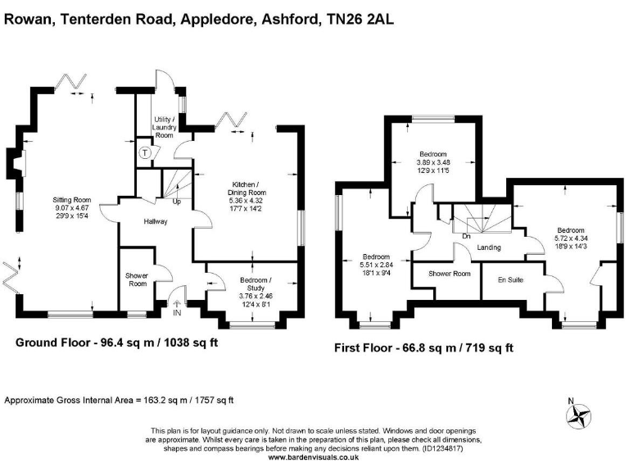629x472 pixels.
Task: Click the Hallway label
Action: (156, 221)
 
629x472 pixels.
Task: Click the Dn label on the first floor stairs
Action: (465, 236)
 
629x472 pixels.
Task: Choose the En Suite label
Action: (510, 280)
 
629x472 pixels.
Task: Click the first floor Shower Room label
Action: (451, 274)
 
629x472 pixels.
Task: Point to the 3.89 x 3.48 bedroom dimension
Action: (433, 162)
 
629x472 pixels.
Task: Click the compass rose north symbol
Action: (581, 414)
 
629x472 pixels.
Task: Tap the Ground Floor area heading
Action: (117, 343)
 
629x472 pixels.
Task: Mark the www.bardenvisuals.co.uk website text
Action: (314, 456)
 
